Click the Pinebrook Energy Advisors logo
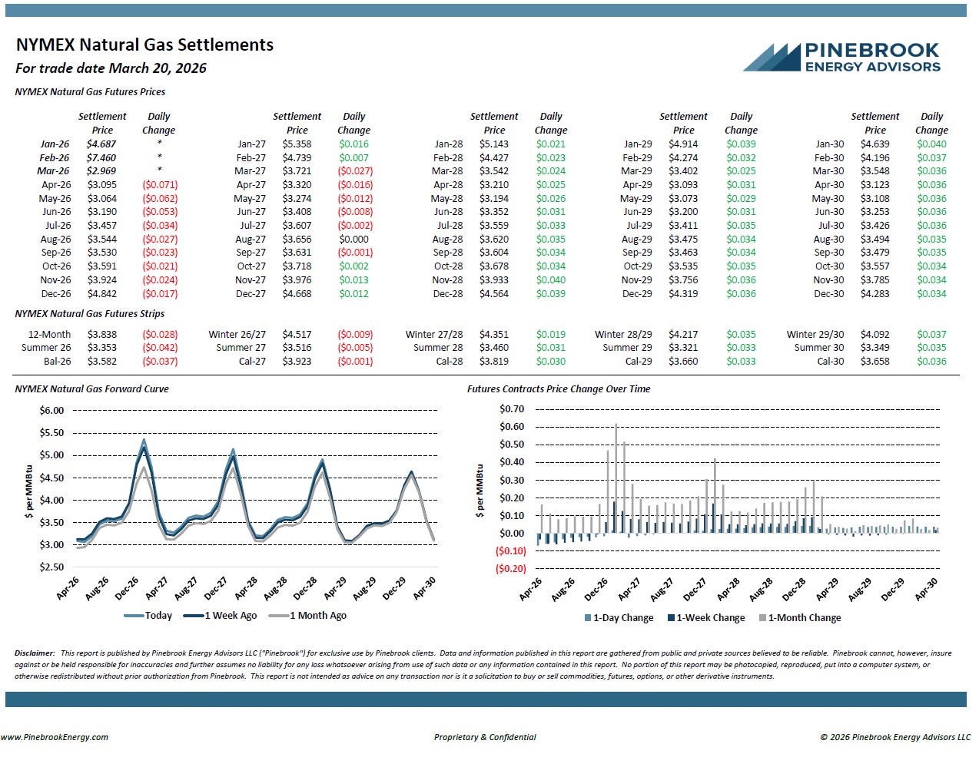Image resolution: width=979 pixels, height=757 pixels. pos(841,58)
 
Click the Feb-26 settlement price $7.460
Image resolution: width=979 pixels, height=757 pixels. pos(101,157)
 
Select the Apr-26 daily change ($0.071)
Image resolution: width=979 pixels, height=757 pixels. pos(159,185)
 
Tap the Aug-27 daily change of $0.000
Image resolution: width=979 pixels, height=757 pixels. pos(353,240)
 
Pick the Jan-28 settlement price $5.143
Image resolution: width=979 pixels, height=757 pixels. pos(494,144)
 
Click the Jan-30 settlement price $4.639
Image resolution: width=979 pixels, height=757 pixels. pos(874,144)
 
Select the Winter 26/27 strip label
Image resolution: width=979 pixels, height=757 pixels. pos(237,335)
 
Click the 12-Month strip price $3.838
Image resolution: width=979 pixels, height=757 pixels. pos(101,335)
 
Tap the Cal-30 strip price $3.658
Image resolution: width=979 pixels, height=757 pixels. pos(874,362)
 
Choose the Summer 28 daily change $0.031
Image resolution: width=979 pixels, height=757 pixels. pos(550,348)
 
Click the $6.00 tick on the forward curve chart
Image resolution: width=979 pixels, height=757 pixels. pos(51,411)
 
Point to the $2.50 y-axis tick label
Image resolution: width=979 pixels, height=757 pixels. pos(51,567)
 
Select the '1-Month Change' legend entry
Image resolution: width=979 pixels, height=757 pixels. pos(804,618)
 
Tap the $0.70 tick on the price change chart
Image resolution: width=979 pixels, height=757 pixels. pos(512,409)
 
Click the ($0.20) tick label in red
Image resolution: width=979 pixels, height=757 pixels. pos(511,569)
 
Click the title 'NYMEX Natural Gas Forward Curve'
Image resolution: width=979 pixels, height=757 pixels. pos(91,389)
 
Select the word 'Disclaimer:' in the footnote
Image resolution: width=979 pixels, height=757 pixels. pos(35,653)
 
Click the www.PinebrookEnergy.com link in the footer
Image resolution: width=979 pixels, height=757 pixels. pos(55,737)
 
